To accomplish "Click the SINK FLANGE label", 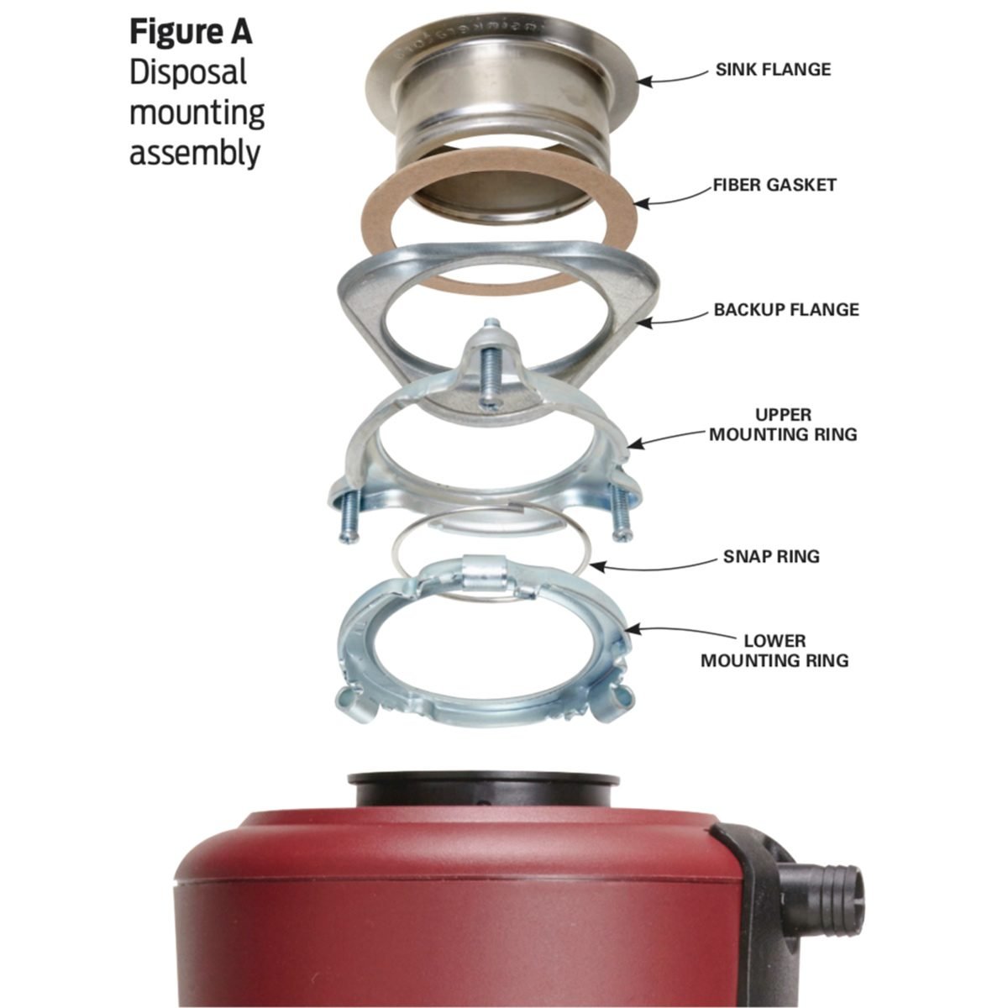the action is (773, 69).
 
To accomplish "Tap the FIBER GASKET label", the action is (774, 185).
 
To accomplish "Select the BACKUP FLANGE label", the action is (786, 309).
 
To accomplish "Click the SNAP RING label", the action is (771, 556).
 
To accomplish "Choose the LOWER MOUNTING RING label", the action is (774, 650).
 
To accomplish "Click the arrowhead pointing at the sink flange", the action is (645, 81).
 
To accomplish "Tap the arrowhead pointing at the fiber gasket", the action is (642, 203).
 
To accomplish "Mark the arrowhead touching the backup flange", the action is (643, 323).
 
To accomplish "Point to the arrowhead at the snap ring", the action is (598, 566).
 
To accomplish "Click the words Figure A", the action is (191, 32).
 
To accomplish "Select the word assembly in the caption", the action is (195, 154).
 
